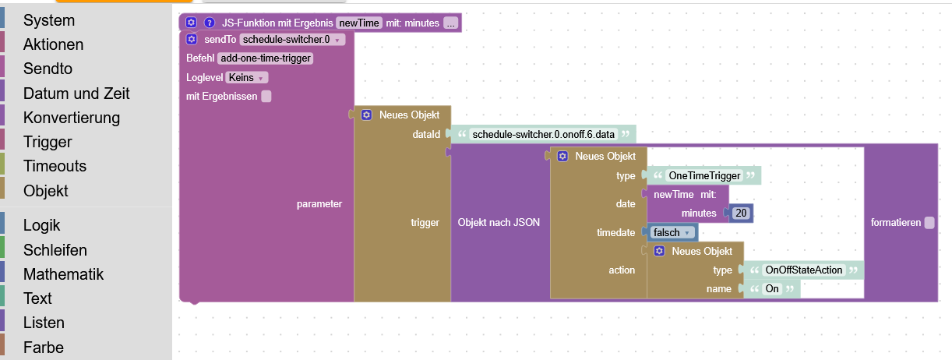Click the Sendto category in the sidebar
click(x=48, y=69)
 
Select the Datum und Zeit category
click(x=76, y=94)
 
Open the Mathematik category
click(x=63, y=274)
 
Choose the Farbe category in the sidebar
click(x=43, y=348)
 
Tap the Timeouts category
click(x=55, y=166)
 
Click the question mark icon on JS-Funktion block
click(x=209, y=23)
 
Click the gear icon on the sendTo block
click(x=192, y=39)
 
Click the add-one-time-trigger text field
click(x=266, y=58)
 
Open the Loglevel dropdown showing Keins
click(x=247, y=77)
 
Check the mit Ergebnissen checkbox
click(x=266, y=97)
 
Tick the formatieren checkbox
click(x=929, y=223)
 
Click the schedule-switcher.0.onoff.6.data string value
click(x=542, y=134)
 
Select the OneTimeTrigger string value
click(x=704, y=176)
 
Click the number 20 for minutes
click(x=740, y=214)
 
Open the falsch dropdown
click(x=671, y=232)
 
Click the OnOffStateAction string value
click(x=804, y=270)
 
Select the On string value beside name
click(x=771, y=289)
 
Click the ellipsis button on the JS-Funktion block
click(x=450, y=23)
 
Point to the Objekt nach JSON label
click(x=499, y=223)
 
